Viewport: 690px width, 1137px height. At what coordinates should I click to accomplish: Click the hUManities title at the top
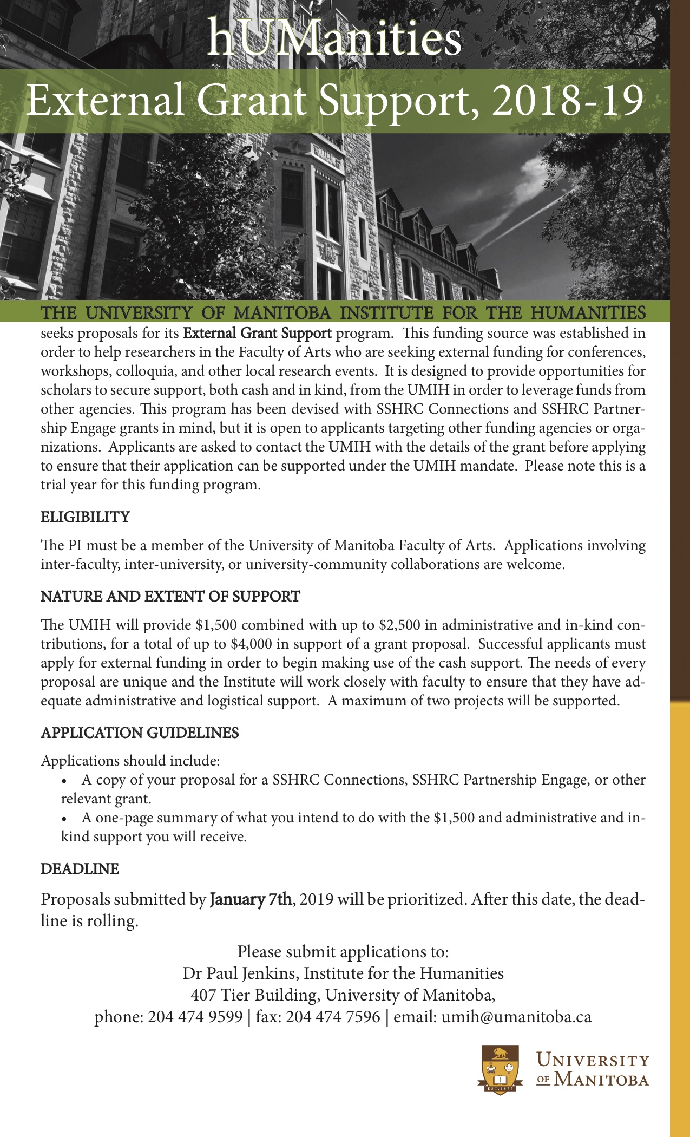tap(334, 38)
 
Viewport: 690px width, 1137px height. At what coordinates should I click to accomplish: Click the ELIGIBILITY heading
tap(86, 517)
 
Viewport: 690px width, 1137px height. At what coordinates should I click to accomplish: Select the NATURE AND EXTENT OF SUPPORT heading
tap(170, 597)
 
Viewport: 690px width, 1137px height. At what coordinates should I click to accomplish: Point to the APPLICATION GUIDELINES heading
tap(140, 733)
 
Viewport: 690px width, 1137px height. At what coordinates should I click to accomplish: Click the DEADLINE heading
tap(80, 869)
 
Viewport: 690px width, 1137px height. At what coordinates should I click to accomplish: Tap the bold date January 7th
tap(251, 899)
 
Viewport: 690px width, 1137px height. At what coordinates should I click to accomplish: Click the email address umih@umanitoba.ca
tap(516, 1017)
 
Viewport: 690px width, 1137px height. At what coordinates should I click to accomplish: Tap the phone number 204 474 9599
tap(195, 1017)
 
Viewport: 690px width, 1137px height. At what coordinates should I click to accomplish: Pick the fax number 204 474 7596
tap(333, 1017)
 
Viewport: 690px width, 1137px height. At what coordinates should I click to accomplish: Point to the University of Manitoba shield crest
tap(501, 1070)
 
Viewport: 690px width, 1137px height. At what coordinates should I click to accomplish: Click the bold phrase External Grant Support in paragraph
tap(258, 333)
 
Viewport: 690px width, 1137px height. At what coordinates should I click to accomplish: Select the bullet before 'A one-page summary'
tap(65, 818)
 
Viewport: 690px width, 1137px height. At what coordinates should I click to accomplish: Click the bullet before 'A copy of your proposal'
tap(65, 780)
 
